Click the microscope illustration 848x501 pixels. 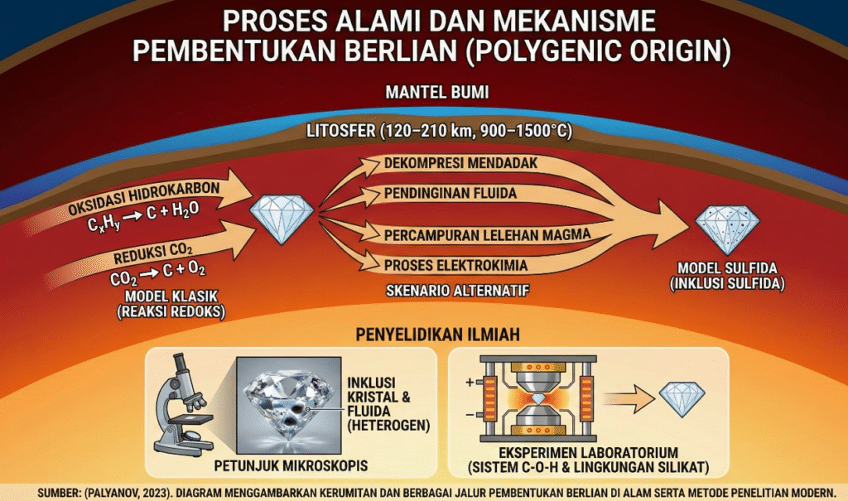click(183, 405)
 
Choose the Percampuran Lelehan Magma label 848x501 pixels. click(487, 234)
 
